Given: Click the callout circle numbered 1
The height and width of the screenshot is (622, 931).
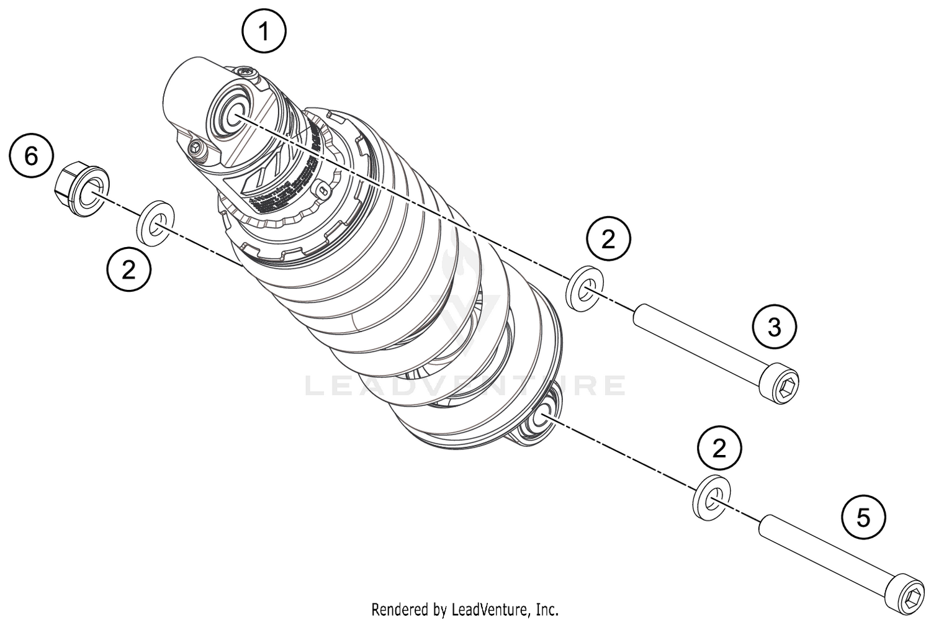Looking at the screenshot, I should [264, 30].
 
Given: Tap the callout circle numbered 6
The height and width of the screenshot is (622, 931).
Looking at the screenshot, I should [32, 155].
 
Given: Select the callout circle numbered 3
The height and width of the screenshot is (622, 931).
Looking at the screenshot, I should [774, 326].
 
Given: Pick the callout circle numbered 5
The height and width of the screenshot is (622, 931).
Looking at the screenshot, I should [863, 517].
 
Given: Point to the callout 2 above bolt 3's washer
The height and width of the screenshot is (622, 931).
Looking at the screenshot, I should [608, 238].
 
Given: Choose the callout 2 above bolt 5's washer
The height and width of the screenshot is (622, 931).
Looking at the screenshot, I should [719, 448].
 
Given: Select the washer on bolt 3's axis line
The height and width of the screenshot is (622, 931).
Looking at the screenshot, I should [585, 289].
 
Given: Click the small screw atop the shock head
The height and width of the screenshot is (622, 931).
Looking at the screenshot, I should [246, 73].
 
